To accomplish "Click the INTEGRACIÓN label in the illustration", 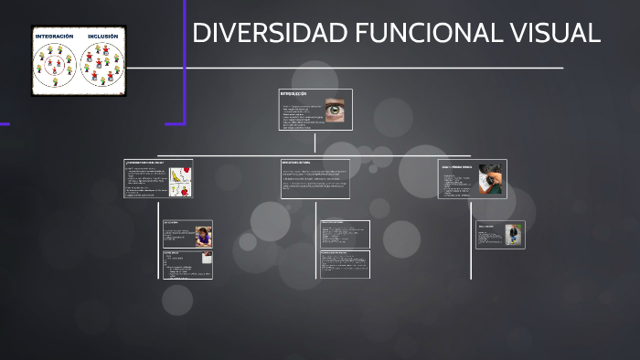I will coord(54,37).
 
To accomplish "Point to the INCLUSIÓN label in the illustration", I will coord(102,37).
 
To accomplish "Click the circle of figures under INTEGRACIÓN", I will coord(55,64).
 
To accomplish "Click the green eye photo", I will coord(336,108).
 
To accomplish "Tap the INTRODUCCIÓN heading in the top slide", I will coord(294,93).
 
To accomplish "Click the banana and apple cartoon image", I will coord(180,179).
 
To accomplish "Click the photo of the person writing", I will coord(492,179).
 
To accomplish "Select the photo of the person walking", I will coord(514,235).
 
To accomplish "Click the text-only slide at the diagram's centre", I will coord(315,178).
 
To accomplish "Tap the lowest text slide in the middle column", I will coord(345,264).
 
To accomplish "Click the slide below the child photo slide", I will coord(187,264).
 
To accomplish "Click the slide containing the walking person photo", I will coord(500,235).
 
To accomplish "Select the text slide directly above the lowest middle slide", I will coord(345,234).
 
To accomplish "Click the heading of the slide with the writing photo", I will coord(457,168).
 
